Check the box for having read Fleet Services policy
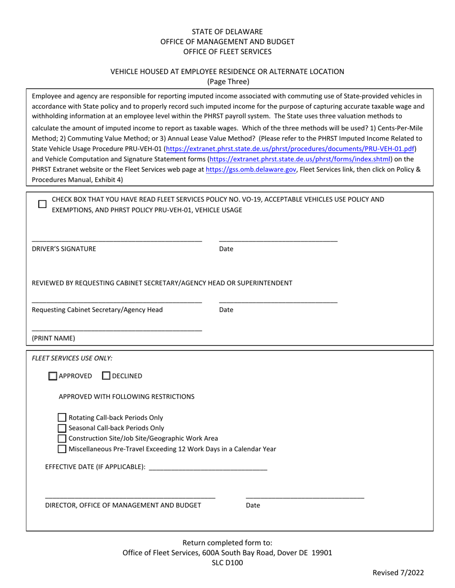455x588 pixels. tap(42, 204)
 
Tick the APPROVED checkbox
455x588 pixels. tap(53, 376)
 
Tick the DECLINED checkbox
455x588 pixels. tap(107, 376)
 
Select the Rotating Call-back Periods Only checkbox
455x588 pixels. tap(62, 417)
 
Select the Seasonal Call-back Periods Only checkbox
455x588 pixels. tap(62, 428)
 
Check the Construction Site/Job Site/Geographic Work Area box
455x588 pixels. tap(62, 438)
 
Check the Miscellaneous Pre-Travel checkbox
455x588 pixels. tap(62, 449)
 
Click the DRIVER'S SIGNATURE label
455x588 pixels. tap(64, 249)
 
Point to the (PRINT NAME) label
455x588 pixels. tap(53, 338)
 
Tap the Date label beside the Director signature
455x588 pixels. tap(253, 505)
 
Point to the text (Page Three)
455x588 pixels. tap(227, 82)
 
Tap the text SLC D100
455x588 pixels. tap(227, 563)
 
